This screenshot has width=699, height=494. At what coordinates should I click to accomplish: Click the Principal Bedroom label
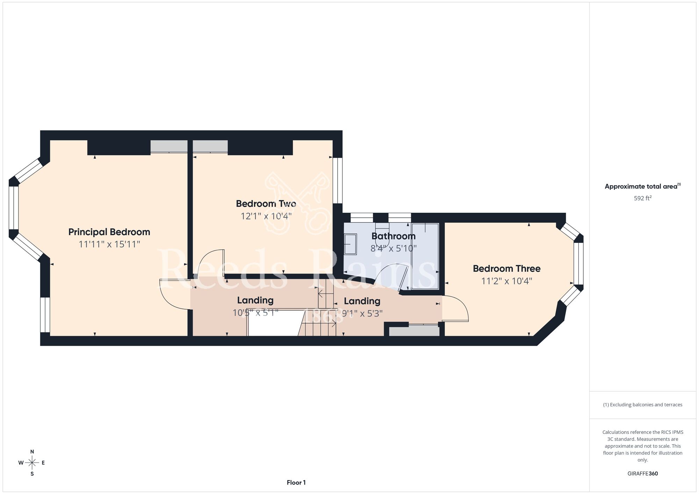109,232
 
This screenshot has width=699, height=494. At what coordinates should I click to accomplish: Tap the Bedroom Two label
266,204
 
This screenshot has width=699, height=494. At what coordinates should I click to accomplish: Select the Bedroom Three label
506,269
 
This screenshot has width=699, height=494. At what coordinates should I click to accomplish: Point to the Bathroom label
393,236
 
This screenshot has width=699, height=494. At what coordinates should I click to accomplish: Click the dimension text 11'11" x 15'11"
109,244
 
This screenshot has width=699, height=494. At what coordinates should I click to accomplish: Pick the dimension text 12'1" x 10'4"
266,216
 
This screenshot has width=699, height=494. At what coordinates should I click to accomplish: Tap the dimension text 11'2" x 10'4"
506,281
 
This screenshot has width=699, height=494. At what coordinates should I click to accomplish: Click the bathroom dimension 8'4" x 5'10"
394,248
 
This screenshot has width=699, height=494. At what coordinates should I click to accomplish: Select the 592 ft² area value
643,198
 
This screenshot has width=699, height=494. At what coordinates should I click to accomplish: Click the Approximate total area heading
643,186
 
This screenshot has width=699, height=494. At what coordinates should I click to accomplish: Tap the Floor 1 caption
296,482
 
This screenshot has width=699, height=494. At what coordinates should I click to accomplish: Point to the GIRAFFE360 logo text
643,474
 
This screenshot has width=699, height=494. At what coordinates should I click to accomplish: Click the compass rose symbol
32,463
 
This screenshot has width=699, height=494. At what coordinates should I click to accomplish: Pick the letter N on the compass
32,452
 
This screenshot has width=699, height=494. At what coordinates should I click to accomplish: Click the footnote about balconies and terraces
643,405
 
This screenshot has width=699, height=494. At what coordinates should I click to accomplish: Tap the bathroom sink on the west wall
351,244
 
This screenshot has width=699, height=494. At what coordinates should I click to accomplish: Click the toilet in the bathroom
382,232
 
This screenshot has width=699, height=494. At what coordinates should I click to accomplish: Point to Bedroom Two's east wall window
337,181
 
